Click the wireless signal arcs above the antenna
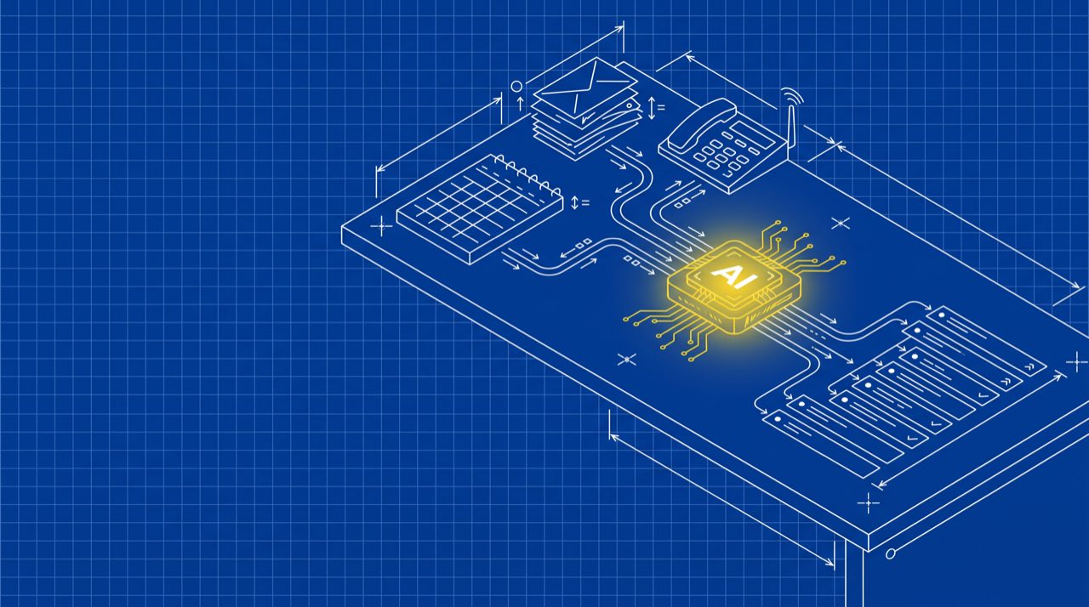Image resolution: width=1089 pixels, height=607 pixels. (792, 96)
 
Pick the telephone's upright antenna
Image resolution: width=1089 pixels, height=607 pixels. (791, 128)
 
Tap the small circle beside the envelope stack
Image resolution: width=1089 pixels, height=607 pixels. (516, 87)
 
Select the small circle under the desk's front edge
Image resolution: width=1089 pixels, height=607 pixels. (891, 553)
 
